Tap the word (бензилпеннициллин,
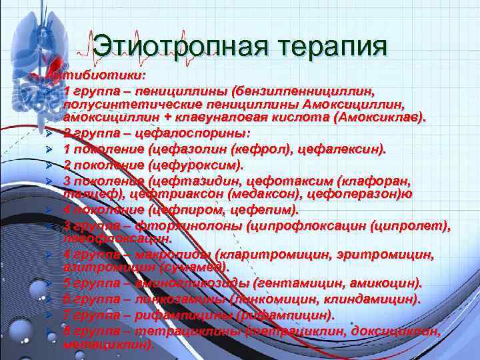tap(307, 90)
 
